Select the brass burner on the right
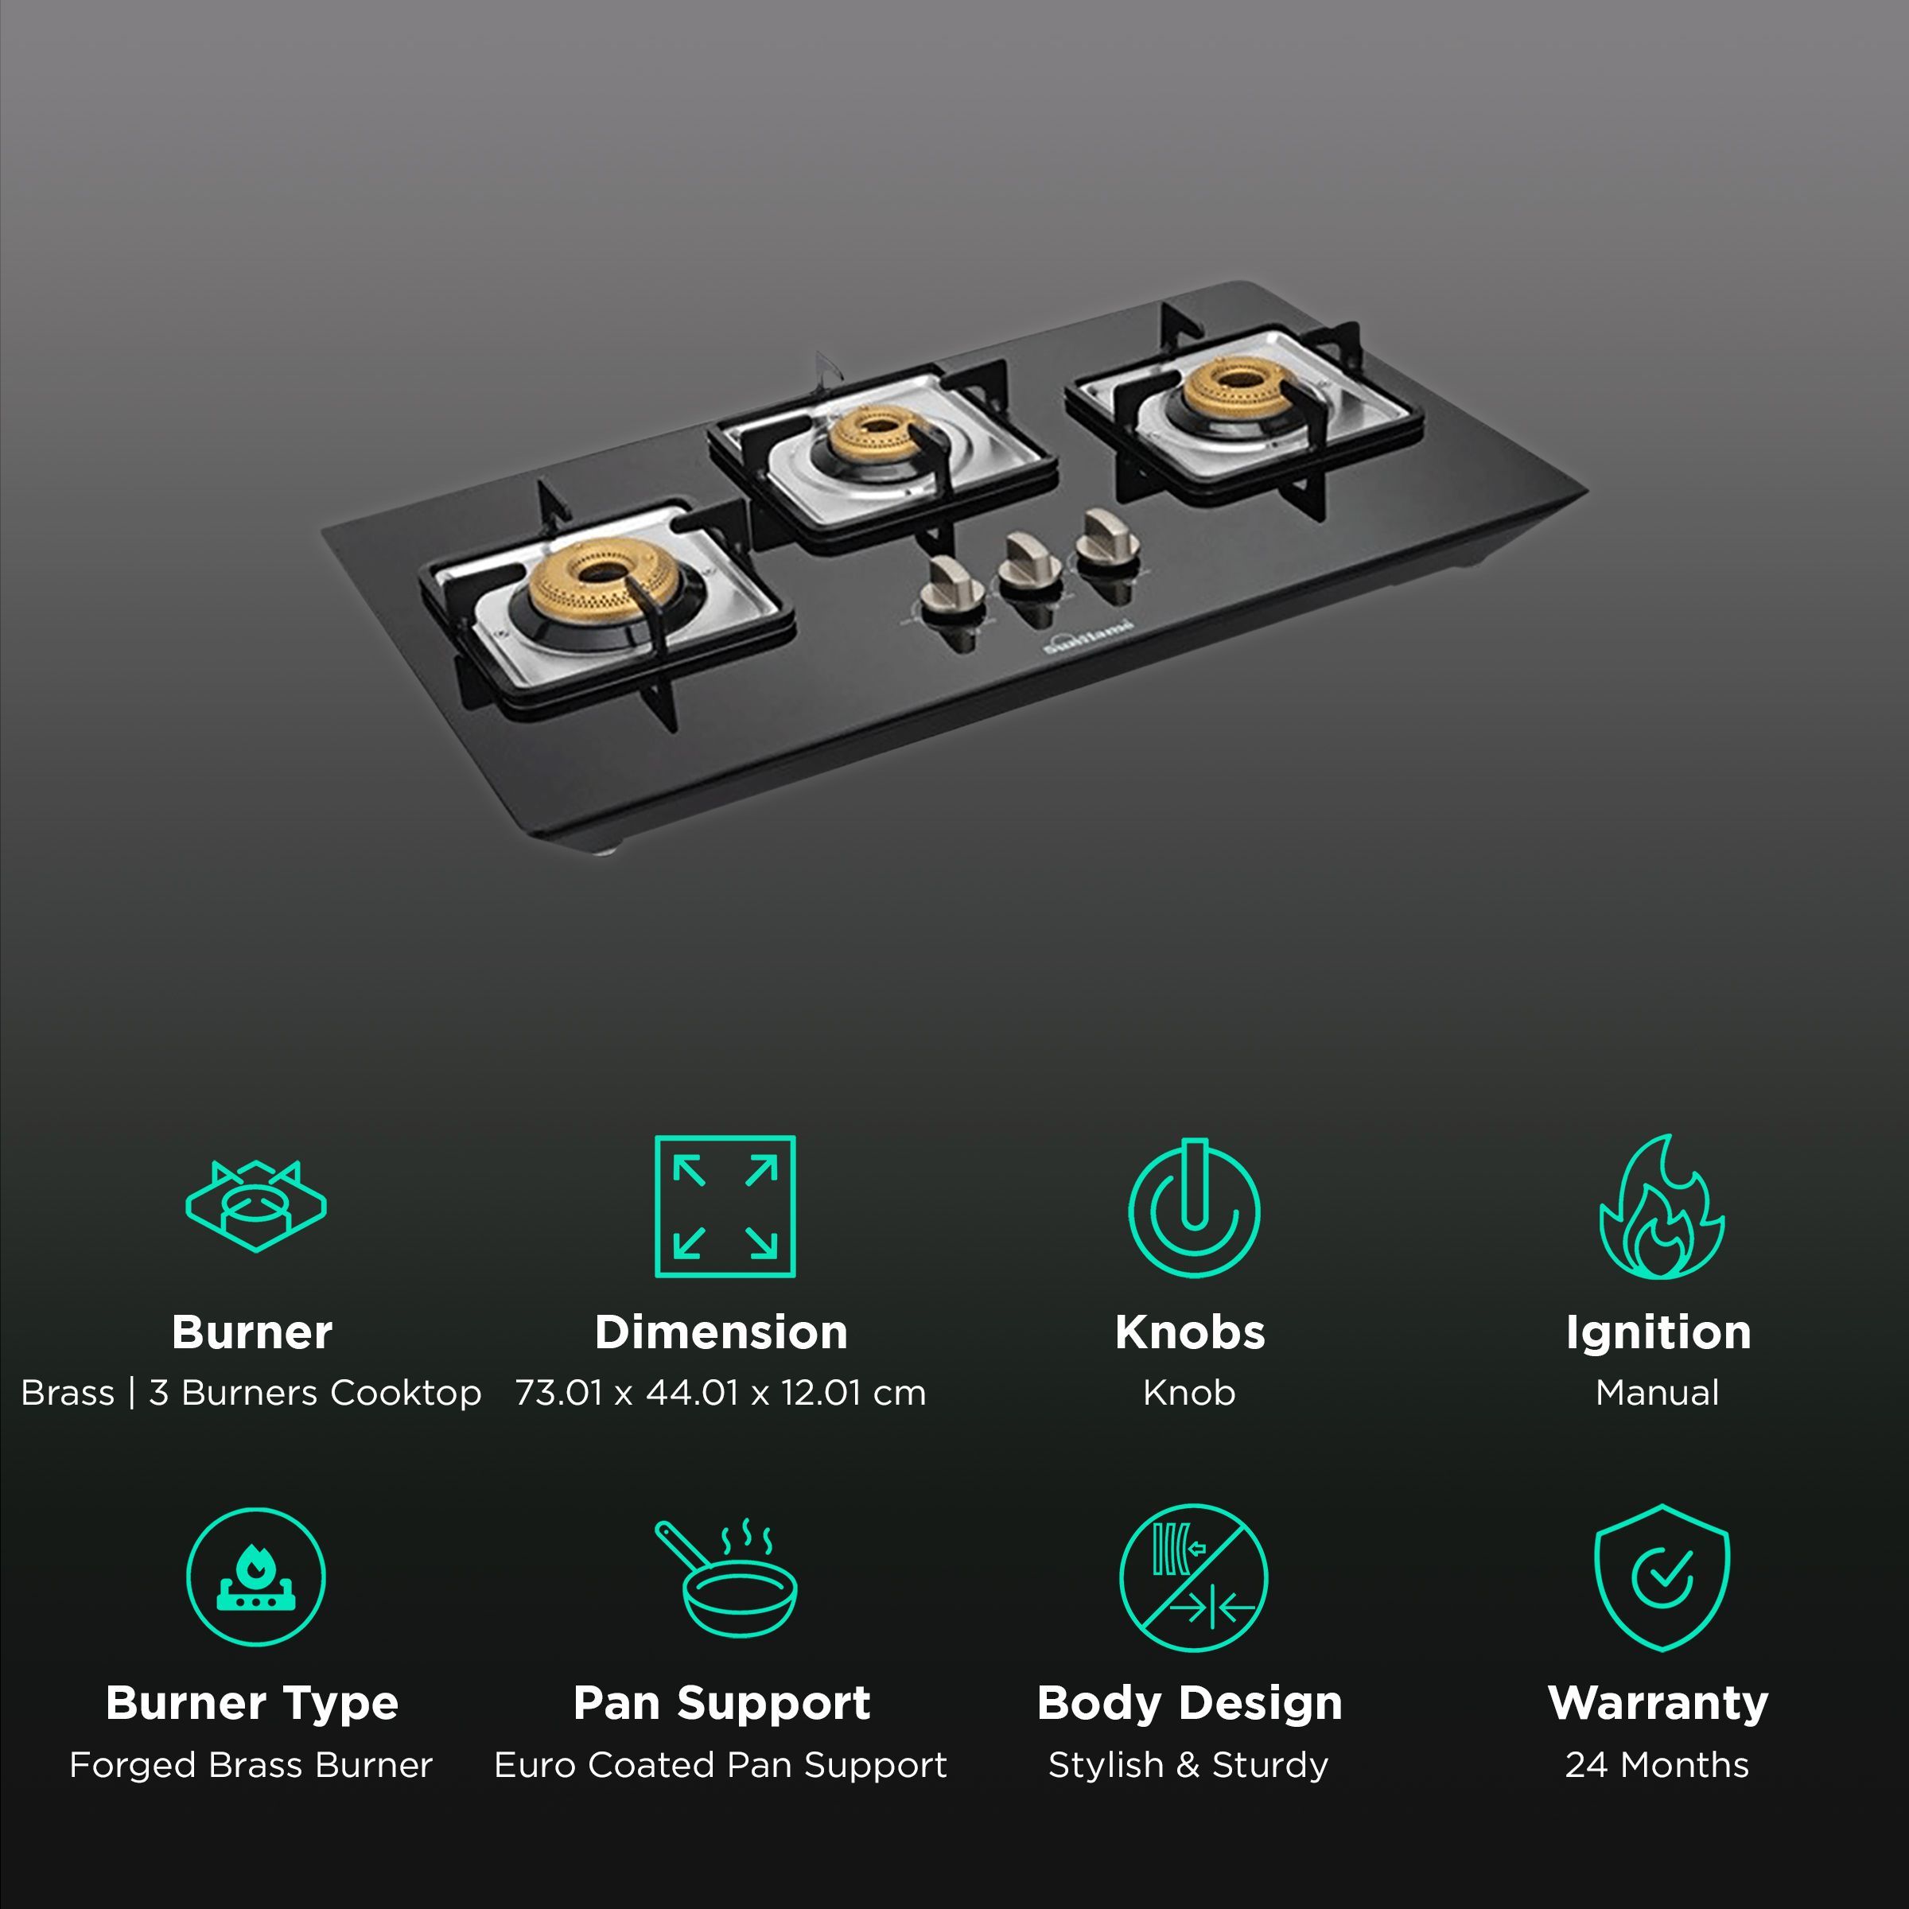(x=1236, y=385)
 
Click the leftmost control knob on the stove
(x=951, y=587)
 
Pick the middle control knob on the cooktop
(x=1028, y=563)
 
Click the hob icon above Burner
(x=256, y=1207)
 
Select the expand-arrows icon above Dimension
(x=725, y=1207)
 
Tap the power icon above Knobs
(x=1194, y=1207)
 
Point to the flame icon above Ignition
(x=1662, y=1207)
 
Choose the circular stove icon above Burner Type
(x=256, y=1577)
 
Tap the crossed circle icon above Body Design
(x=1194, y=1577)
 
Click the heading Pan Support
(x=722, y=1702)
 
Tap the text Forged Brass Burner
(x=251, y=1765)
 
